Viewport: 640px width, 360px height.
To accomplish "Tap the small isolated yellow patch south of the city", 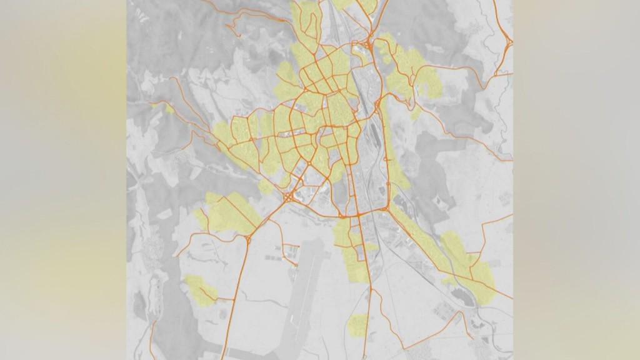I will click(358, 324).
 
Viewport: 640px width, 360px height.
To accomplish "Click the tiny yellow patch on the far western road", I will click(169, 108).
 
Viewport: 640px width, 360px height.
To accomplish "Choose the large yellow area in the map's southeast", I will click(469, 262).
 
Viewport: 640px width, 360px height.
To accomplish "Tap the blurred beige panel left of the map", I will click(62, 180).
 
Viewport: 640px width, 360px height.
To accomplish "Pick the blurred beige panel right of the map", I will click(576, 180).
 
